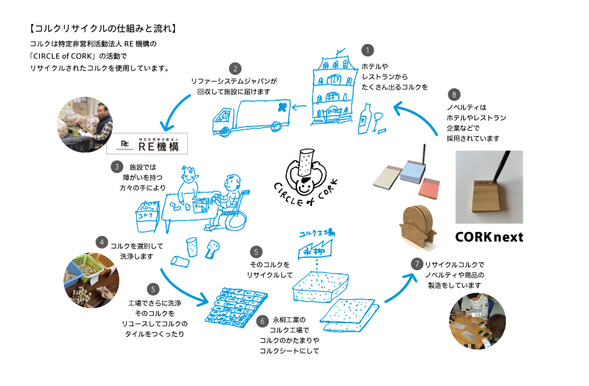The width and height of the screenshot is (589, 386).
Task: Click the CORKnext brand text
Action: tap(489, 237)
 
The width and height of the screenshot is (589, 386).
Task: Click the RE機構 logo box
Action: tap(147, 143)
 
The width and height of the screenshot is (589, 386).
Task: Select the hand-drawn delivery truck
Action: tap(250, 117)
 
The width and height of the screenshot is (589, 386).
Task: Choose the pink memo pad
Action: tap(430, 188)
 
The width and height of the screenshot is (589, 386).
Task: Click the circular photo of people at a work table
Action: tap(477, 319)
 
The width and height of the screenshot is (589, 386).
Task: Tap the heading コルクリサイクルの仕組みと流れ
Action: tap(103, 29)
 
